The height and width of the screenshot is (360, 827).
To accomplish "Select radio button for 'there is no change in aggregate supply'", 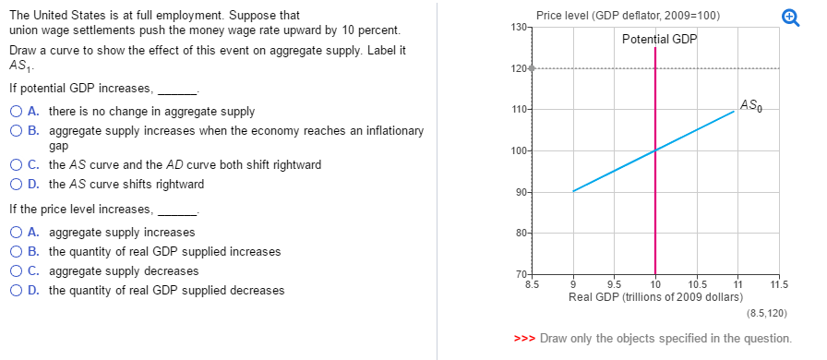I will (18, 112).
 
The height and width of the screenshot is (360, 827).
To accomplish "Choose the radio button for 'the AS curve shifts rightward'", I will (18, 184).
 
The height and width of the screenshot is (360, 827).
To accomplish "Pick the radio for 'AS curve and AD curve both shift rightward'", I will (18, 165).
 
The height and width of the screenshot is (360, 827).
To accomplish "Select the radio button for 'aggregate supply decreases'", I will (18, 271).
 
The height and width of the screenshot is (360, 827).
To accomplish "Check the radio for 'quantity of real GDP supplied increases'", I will (18, 252).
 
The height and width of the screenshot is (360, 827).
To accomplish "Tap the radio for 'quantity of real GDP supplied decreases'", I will (18, 291).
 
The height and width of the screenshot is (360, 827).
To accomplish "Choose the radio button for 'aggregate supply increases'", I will (18, 233).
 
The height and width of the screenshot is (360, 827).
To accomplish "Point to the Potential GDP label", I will (660, 39).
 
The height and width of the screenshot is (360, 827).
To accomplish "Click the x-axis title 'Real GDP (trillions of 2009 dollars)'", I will (655, 297).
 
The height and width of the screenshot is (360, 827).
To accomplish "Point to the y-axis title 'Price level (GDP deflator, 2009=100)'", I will (628, 16).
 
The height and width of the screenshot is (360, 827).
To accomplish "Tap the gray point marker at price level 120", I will (531, 69).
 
